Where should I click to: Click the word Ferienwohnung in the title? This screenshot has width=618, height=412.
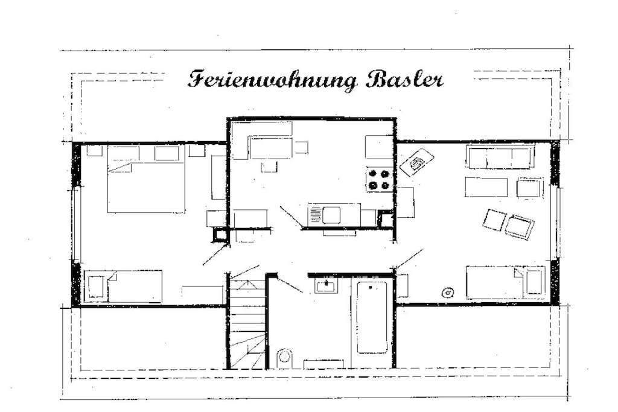[x=273, y=80]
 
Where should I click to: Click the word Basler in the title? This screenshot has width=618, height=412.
[x=405, y=80]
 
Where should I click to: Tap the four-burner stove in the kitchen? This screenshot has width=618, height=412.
[x=380, y=179]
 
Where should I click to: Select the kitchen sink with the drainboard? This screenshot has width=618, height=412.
[x=325, y=215]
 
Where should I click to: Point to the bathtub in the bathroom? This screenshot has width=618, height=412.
[x=372, y=317]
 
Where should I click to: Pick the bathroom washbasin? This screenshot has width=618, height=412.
[x=327, y=285]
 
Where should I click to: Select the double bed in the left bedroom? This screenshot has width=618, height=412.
[x=146, y=179]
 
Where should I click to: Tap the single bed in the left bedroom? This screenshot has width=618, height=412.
[x=123, y=287]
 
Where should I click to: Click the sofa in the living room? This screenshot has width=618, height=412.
[x=500, y=156]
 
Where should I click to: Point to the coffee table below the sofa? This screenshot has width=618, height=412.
[x=486, y=187]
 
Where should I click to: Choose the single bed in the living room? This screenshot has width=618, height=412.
[x=506, y=282]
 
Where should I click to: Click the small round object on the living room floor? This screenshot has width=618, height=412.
[x=448, y=293]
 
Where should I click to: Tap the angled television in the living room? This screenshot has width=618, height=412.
[x=416, y=162]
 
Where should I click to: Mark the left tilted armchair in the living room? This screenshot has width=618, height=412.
[x=494, y=220]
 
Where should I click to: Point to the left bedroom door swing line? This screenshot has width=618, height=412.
[x=216, y=255]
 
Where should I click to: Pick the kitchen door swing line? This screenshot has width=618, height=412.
[x=291, y=217]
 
